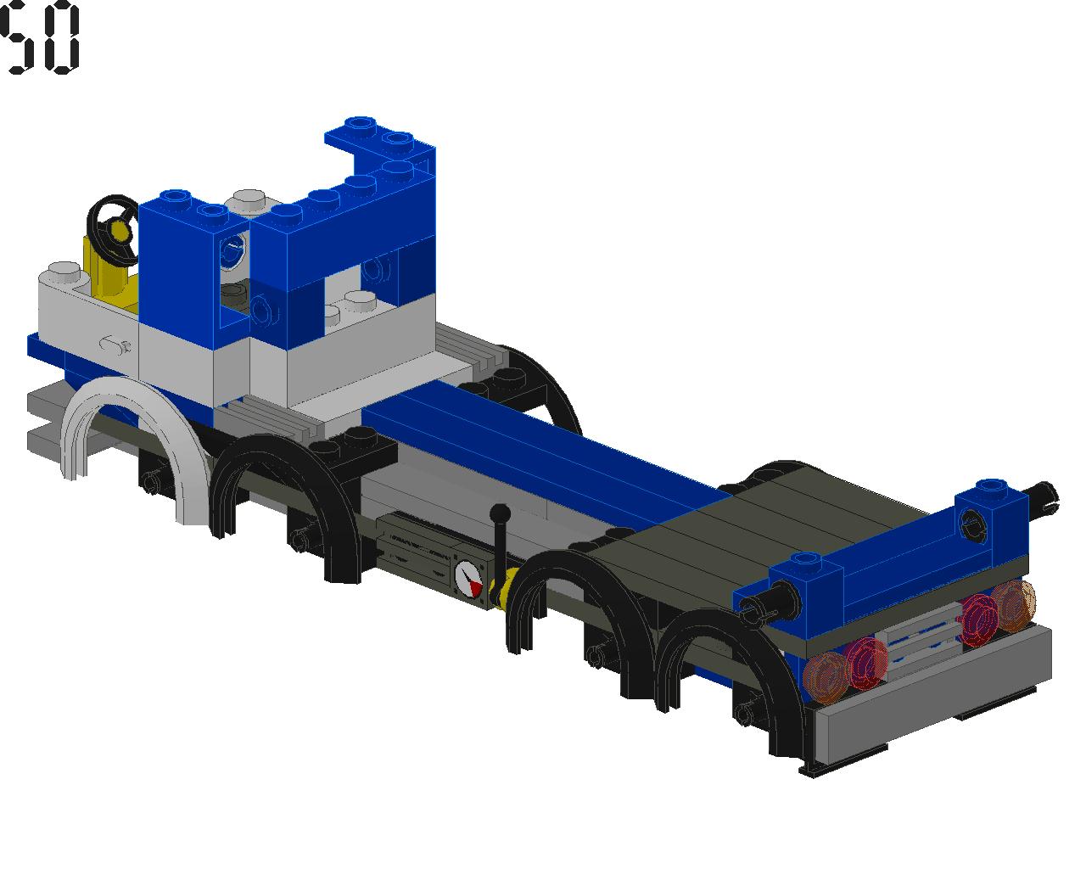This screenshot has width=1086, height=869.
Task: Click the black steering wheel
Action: (112, 230)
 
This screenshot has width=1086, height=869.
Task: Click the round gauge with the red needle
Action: (469, 579)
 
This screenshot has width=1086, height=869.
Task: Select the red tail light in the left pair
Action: (866, 664)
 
